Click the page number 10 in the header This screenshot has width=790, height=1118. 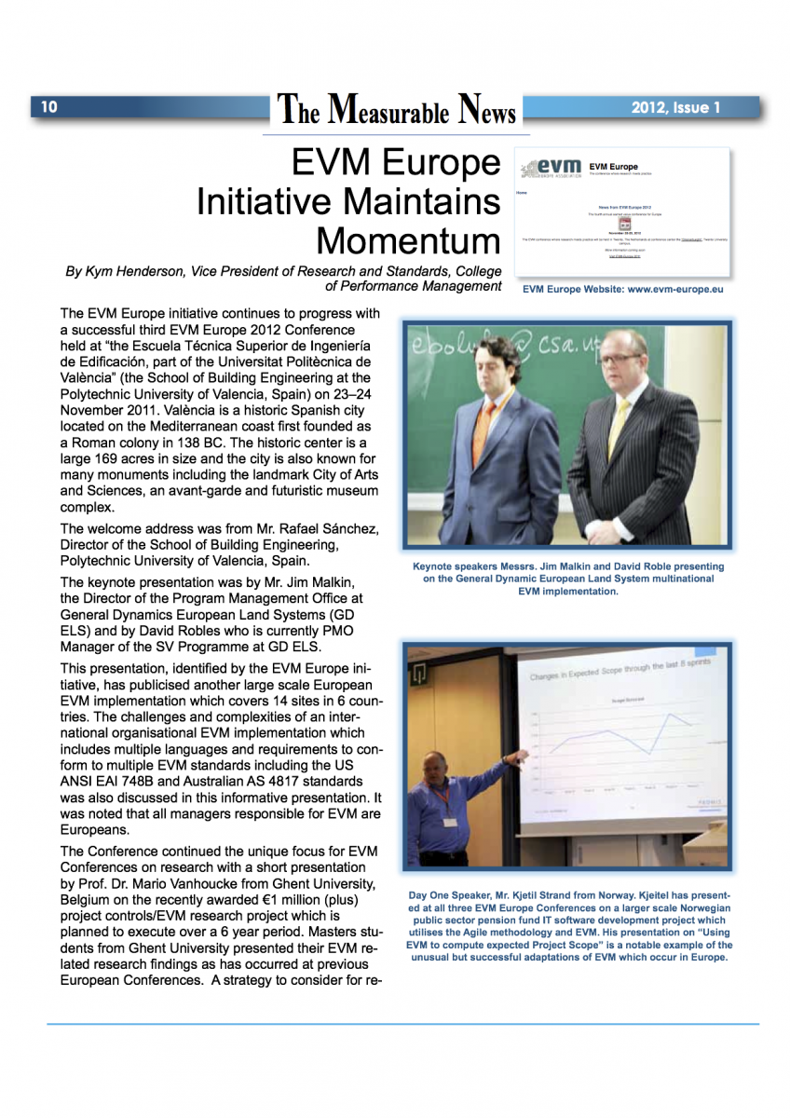48,107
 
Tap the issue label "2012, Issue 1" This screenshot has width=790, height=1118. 675,108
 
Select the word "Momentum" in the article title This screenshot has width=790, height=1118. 408,241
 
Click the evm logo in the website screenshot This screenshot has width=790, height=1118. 552,167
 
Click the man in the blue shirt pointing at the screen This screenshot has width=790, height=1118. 448,811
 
